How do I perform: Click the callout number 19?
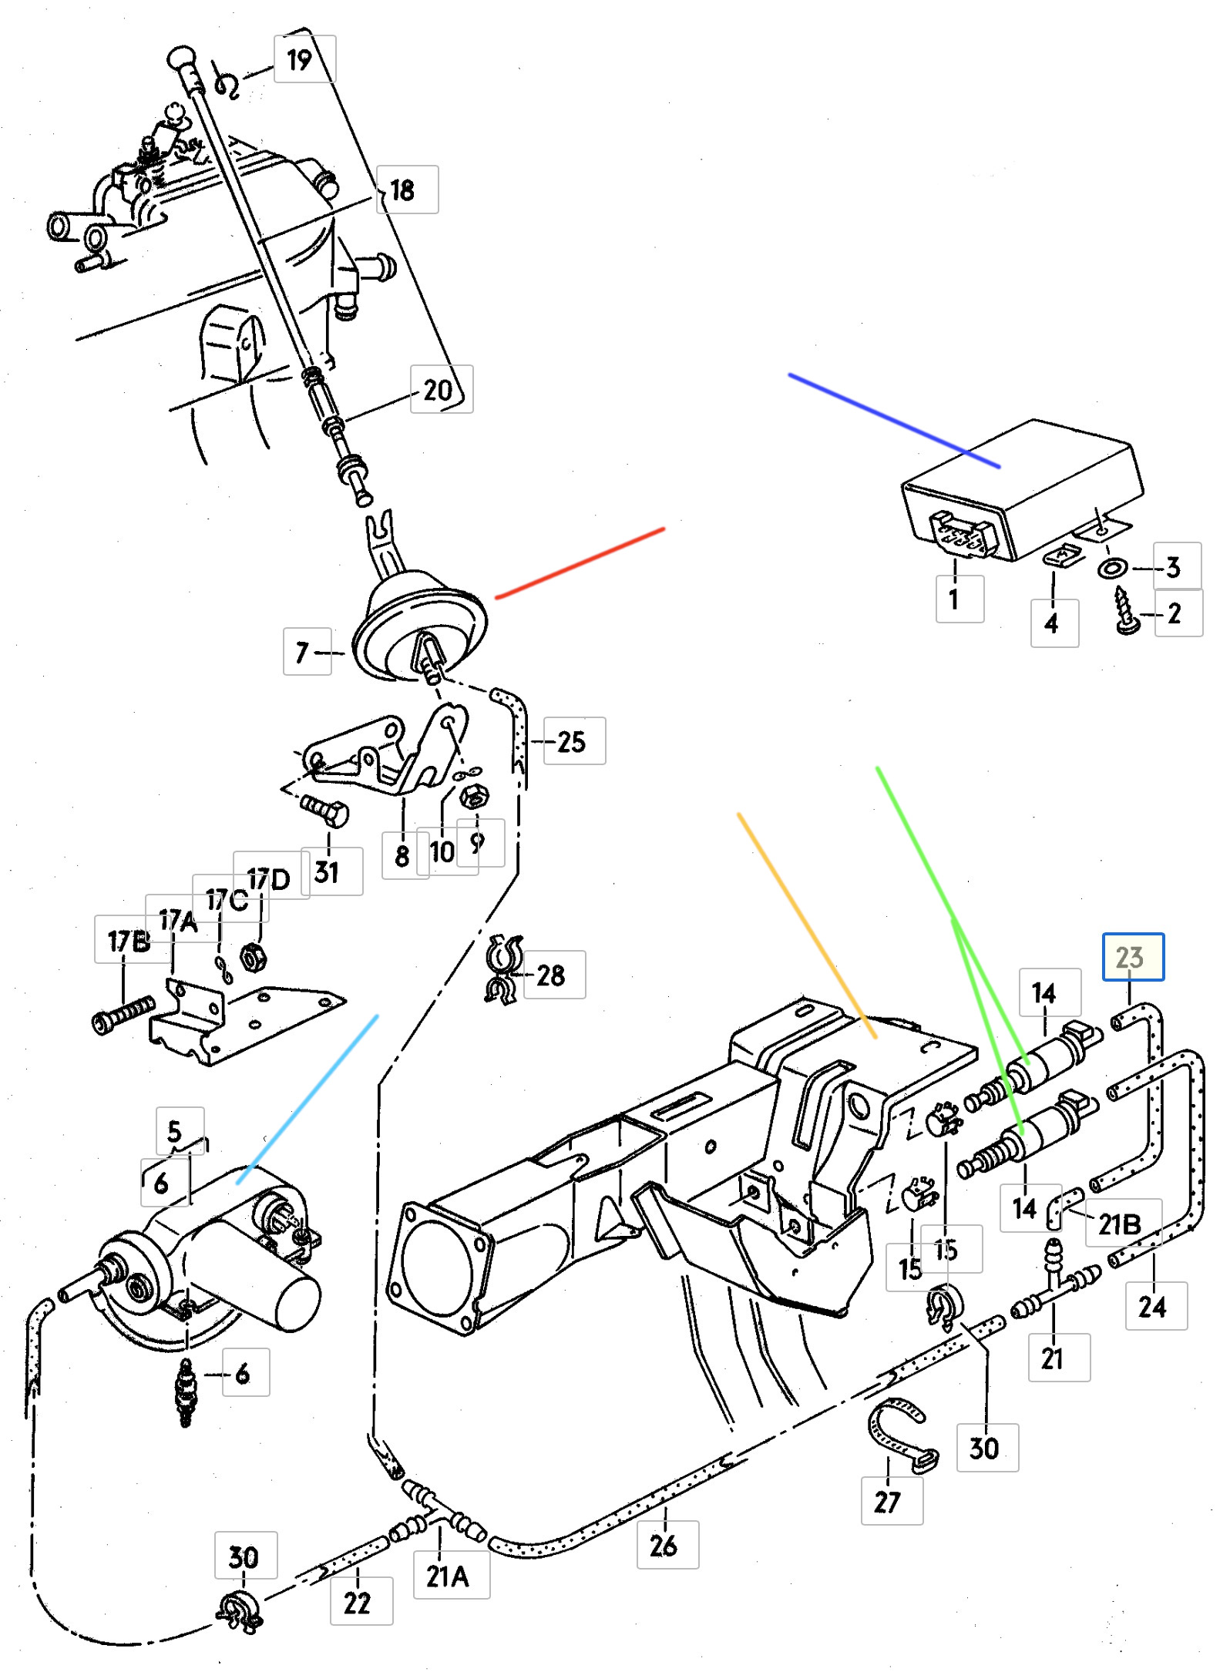(x=300, y=60)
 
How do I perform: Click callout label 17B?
(x=128, y=941)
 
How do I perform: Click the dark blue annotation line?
(x=894, y=421)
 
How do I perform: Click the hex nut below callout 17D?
(x=253, y=958)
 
